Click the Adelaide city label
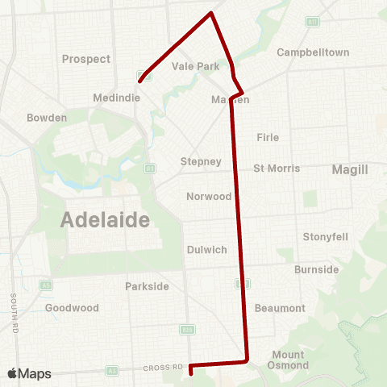coord(106,219)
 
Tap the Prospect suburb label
coord(86,60)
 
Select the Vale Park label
coord(196,67)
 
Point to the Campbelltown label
coord(313,52)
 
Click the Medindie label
coord(119,97)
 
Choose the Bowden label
coord(47,118)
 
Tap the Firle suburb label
coord(268,137)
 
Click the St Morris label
coord(277,169)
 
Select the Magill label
coord(349,169)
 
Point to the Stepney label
coord(201,161)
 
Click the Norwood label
coord(209,197)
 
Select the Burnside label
coord(317,269)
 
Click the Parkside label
coord(148,286)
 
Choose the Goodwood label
coord(72,308)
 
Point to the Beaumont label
coord(280,308)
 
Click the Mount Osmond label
coord(288,360)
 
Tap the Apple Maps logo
coord(29,373)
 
